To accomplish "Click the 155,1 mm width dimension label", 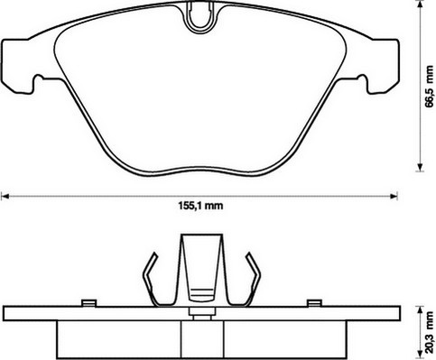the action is pyautogui.click(x=200, y=206).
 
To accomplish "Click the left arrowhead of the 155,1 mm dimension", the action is pyautogui.click(x=5, y=197).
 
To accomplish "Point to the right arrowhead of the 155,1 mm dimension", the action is pyautogui.click(x=394, y=197).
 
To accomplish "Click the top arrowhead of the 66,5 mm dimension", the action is pyautogui.click(x=420, y=5).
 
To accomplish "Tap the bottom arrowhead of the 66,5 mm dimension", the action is pyautogui.click(x=420, y=167).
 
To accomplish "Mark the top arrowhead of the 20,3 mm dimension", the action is pyautogui.click(x=420, y=310).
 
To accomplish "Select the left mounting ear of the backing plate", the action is pyautogui.click(x=18, y=66).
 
